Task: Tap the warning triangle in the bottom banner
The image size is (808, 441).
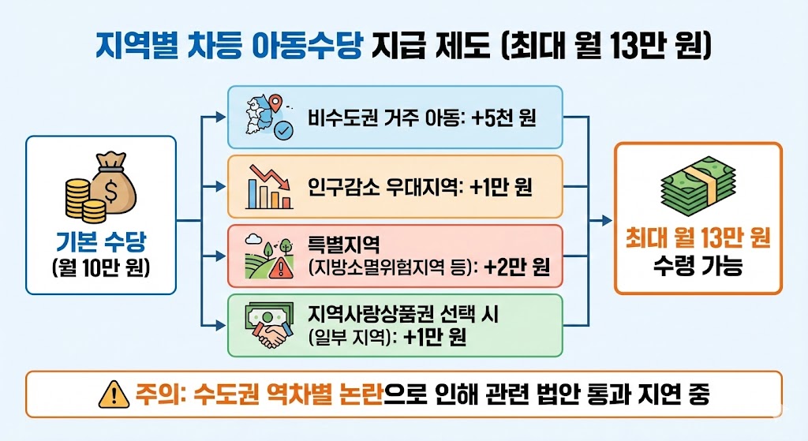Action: coord(114,394)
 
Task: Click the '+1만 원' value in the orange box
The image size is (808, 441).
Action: coord(500,188)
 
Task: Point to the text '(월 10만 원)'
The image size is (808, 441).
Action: coord(101,267)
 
